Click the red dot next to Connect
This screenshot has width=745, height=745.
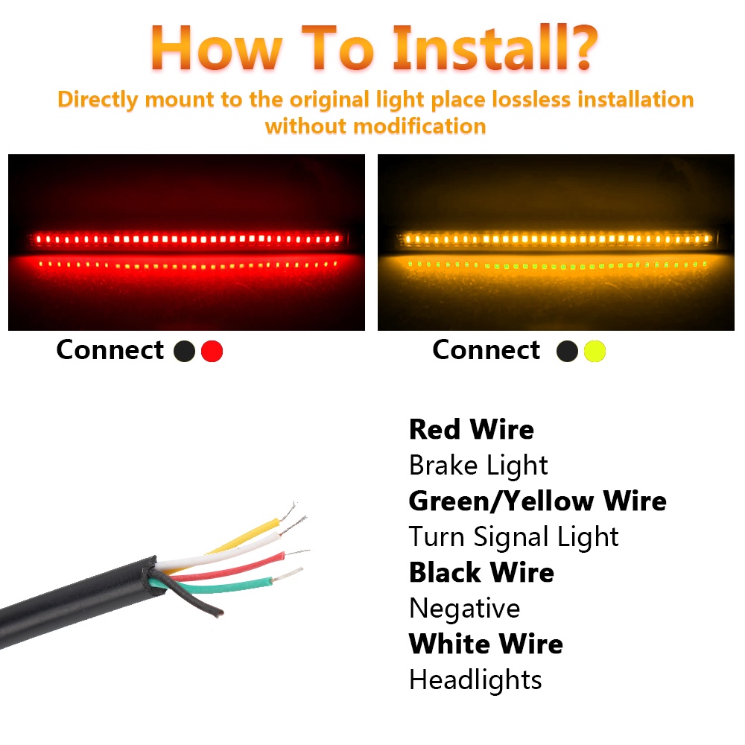coord(212,351)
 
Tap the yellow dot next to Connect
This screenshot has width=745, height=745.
coord(595,351)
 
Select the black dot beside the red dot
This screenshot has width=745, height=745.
coord(184,351)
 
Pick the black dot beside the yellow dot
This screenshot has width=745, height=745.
coord(567,351)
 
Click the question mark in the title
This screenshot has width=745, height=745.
coord(583,48)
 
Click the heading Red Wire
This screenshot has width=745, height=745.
coord(472,430)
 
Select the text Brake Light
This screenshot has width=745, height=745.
coord(478,466)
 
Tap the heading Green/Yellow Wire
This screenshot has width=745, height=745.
coord(537,501)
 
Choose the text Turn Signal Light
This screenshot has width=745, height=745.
coord(513,537)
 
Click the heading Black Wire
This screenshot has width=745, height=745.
coord(481,572)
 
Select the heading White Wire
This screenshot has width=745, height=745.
coord(486,644)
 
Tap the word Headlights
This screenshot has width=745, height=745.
coord(475,680)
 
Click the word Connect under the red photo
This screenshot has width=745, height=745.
coord(110,350)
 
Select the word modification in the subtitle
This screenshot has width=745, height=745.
coord(420,127)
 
